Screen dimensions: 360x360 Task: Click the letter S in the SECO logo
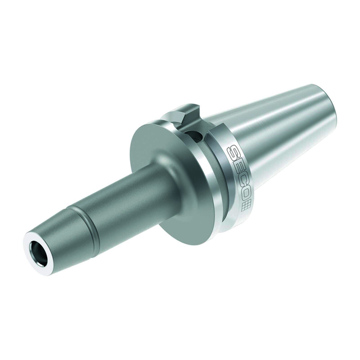pyautogui.click(x=233, y=153)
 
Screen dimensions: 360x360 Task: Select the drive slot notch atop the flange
pyautogui.click(x=184, y=114)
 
